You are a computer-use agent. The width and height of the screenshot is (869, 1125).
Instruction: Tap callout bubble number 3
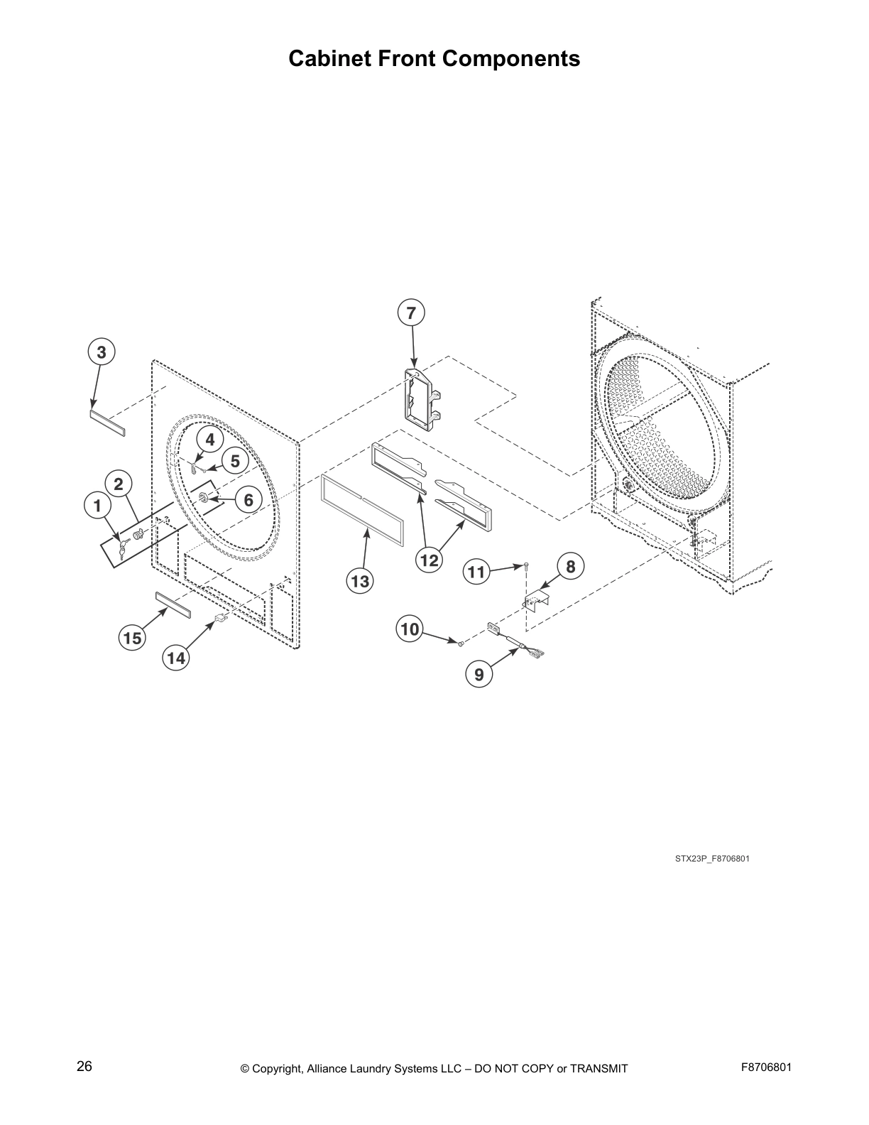[x=102, y=352]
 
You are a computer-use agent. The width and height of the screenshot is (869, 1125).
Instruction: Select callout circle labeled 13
[x=360, y=582]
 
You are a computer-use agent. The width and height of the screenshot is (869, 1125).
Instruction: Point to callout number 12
[x=430, y=560]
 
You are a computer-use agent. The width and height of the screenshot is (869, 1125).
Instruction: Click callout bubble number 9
[x=479, y=674]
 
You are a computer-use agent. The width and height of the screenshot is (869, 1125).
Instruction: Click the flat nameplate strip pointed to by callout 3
[x=107, y=421]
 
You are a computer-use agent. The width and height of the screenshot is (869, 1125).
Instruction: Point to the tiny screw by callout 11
[x=526, y=565]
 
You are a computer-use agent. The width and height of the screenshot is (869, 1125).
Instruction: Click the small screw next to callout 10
[x=461, y=643]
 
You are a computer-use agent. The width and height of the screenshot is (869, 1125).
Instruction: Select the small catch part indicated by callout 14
[x=219, y=621]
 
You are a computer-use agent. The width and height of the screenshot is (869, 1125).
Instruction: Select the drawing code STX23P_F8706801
[x=712, y=859]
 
